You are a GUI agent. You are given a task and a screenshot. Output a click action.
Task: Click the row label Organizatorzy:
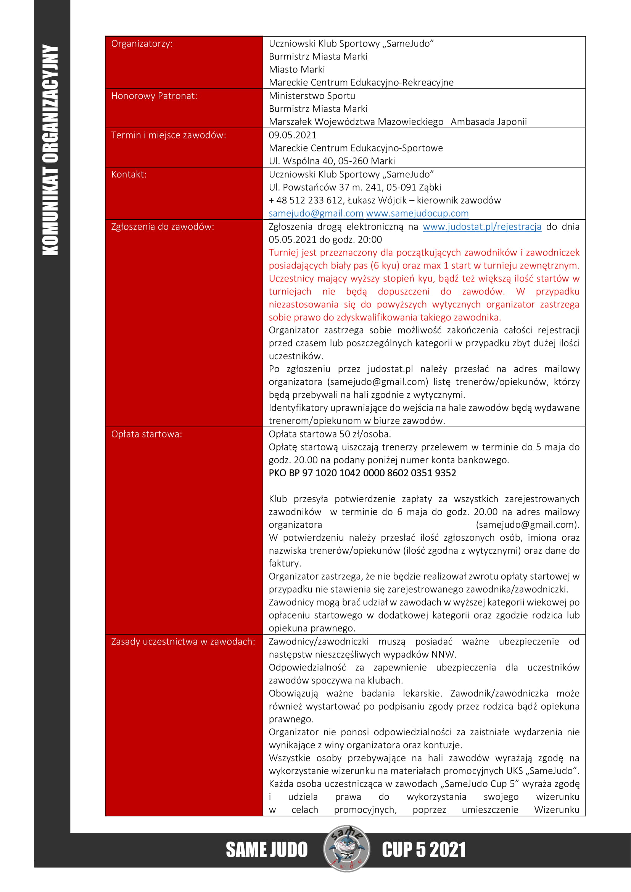142,43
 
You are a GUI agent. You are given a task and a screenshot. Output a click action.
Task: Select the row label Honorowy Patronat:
154,96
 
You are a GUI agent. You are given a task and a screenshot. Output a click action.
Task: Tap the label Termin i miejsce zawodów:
168,135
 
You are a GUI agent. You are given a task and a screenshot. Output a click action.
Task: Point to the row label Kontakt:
129,174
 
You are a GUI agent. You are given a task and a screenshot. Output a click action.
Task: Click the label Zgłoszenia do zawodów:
163,227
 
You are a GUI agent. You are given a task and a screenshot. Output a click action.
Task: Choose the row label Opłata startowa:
146,434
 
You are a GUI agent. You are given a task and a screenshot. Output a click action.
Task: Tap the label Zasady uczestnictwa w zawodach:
183,641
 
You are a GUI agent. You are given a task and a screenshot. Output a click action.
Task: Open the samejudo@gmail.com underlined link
316,213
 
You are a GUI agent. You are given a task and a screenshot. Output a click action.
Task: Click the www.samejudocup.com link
417,213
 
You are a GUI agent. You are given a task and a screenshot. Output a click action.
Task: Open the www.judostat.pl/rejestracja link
482,227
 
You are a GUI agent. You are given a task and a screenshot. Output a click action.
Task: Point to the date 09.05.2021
293,135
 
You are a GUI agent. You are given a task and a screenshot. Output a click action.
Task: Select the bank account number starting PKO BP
362,473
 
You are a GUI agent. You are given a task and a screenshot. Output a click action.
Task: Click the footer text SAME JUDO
267,850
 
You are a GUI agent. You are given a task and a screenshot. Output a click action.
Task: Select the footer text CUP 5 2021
423,850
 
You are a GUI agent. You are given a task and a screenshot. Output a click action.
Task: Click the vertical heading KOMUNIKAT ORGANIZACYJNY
50,149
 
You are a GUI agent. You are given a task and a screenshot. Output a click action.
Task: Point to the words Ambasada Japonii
488,122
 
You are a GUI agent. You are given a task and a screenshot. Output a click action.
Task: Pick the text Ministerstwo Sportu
312,96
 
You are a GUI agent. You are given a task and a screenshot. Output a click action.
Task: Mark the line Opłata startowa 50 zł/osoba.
330,434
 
